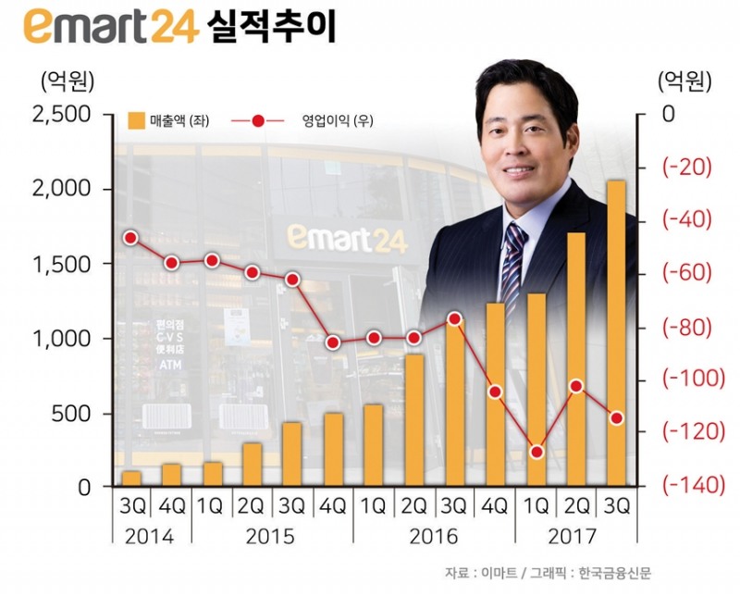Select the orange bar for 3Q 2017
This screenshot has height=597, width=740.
point(616,333)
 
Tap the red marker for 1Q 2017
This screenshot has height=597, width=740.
point(536,452)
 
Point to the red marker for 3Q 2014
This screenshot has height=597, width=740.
point(130,237)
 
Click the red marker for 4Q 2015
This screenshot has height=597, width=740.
point(333,343)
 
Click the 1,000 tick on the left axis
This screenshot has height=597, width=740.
point(61,339)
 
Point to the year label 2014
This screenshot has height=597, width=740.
point(151,537)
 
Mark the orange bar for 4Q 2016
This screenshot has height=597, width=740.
point(495,393)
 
